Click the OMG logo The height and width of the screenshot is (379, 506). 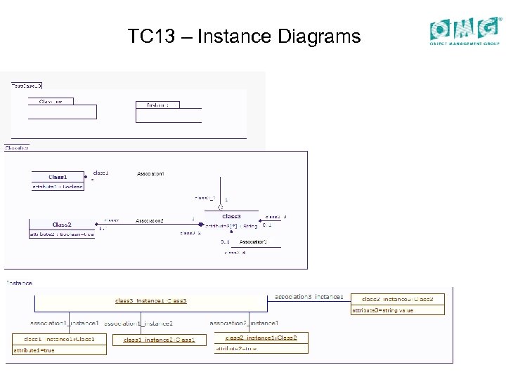465,30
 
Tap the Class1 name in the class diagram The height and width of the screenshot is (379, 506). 58,177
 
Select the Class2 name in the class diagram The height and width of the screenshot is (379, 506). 62,225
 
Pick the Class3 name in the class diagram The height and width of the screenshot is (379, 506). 232,216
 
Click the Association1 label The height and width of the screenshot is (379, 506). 150,173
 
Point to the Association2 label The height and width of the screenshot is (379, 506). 150,220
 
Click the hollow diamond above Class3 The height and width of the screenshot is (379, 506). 220,206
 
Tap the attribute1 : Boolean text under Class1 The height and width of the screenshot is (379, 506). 58,187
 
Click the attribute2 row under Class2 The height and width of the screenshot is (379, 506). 62,234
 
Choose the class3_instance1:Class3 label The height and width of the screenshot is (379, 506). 151,300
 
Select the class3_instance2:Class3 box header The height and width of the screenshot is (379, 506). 398,299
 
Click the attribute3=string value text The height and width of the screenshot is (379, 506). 383,310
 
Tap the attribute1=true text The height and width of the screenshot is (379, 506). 34,350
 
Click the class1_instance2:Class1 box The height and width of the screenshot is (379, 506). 160,340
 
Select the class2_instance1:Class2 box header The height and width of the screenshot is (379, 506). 266,338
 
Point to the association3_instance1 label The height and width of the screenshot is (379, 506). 309,296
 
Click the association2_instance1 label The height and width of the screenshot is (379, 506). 245,323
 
